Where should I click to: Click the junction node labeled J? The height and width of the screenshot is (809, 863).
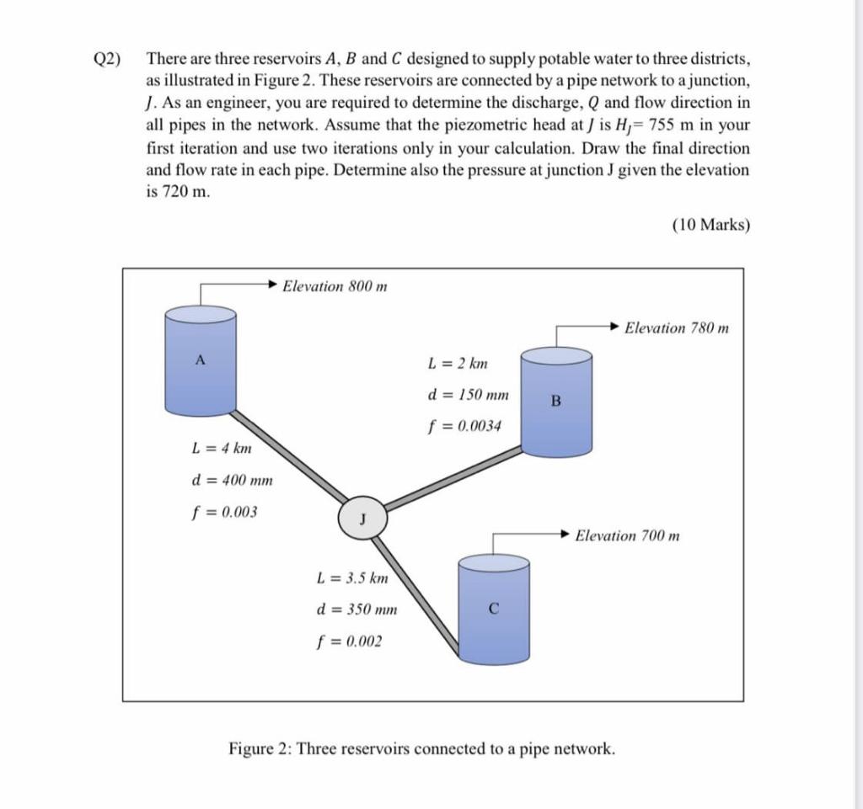coord(363,518)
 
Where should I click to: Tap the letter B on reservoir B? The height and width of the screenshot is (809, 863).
coord(555,402)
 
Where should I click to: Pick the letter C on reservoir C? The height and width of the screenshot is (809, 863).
coord(493,608)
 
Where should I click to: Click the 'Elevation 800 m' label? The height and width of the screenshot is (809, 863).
coord(335,286)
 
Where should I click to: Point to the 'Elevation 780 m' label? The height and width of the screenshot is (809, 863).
coord(677,327)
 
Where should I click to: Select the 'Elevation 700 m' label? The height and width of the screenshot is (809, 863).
coord(627,535)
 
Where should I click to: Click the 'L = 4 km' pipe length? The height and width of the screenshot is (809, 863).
coord(222,449)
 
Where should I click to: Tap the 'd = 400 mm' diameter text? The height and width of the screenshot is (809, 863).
coord(233,481)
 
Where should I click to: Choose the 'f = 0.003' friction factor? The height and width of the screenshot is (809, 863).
coord(226,512)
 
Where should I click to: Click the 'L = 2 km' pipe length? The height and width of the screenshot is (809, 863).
coord(458,364)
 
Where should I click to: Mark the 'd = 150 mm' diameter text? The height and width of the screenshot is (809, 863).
coord(469,395)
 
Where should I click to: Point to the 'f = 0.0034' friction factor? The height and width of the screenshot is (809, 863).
coord(464,426)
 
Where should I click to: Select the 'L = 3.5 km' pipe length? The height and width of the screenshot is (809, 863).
coord(351,578)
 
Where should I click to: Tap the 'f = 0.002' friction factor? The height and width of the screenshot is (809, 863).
coord(349,641)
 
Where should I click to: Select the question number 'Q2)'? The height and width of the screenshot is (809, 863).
coord(107,61)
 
